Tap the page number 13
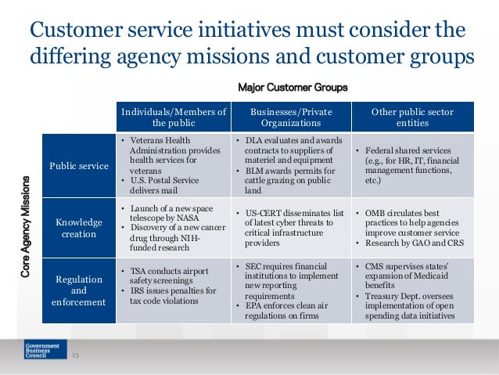76,356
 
